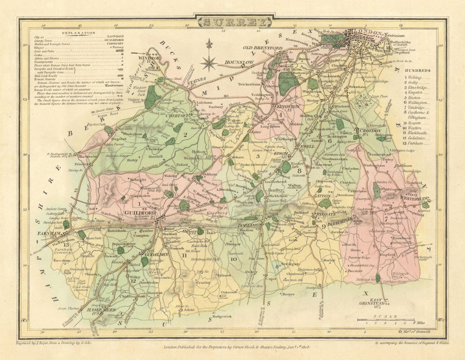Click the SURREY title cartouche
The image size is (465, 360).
click(x=234, y=22)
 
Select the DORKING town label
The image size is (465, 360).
click(x=250, y=224)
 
